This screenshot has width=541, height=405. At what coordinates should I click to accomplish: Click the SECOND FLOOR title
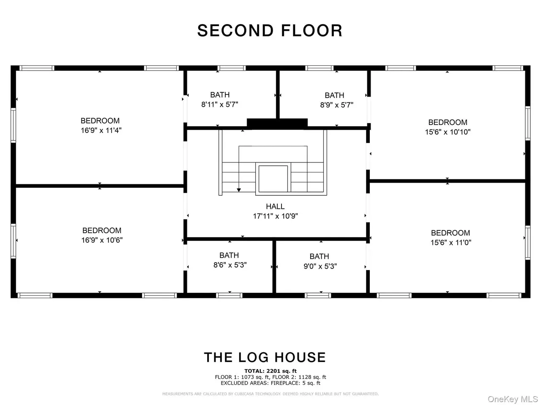coord(270,30)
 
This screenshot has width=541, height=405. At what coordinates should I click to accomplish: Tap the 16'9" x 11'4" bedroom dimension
coord(101,130)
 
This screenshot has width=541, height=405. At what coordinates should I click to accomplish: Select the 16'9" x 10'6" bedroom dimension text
coord(102,240)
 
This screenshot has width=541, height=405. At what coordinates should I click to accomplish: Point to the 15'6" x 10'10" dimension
coord(448,132)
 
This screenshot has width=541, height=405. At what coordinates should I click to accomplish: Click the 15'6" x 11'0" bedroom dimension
coord(451,242)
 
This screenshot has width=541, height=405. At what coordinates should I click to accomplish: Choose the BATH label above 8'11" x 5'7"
coord(220,94)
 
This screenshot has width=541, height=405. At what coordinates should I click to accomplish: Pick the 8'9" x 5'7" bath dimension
coord(336,105)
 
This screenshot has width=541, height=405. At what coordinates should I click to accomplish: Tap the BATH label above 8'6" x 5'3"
coord(229,255)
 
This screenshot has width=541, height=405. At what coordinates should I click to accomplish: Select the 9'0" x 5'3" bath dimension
coord(320,266)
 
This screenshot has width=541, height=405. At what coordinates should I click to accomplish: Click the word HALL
coord(275,206)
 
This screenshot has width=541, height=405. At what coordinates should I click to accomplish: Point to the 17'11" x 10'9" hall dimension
coord(275,216)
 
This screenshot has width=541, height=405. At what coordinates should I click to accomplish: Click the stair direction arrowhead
coord(238,190)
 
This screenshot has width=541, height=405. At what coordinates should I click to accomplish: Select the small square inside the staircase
coord(273,179)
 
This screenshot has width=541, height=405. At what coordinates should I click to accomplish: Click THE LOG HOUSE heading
coord(265,357)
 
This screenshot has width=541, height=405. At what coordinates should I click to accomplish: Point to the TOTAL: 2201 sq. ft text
coord(270,371)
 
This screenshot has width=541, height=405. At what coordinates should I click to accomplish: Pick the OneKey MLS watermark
coord(513,399)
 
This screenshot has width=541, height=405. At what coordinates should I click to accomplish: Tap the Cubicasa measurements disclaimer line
coord(270,394)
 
